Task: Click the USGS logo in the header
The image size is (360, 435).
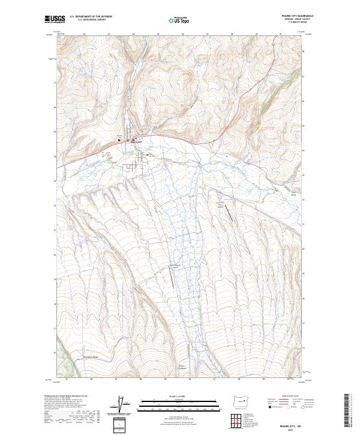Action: tap(55, 20)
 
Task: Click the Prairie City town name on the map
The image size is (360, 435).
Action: tap(134, 140)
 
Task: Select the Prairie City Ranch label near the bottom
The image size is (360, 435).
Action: tap(182, 367)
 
